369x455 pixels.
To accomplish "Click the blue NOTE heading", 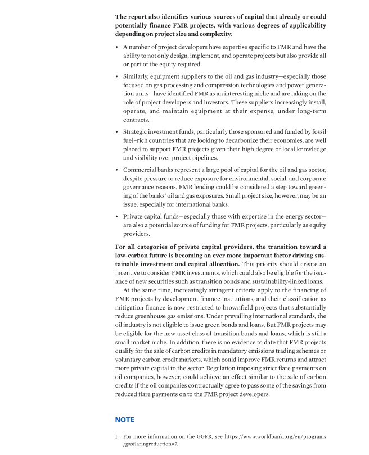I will point(124,420).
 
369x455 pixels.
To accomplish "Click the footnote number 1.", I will point(116,436).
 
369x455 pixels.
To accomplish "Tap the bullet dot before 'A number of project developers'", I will point(116,47).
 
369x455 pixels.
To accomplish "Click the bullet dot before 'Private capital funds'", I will point(116,216).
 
